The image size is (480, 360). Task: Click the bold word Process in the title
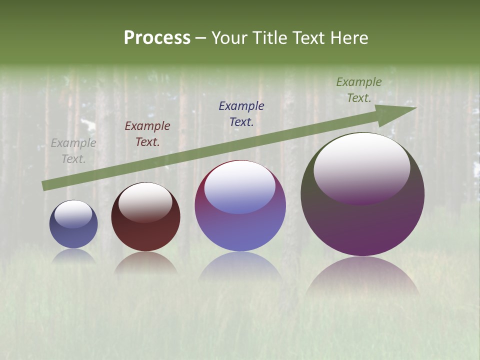[x=157, y=38]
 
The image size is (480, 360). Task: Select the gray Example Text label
[x=73, y=151]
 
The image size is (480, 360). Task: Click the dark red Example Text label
[x=147, y=134]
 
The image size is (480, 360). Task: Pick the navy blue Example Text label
[x=241, y=113]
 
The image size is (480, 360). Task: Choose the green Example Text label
[x=359, y=90]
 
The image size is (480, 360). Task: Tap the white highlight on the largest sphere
[x=361, y=167]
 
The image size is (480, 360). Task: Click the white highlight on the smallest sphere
[x=73, y=214]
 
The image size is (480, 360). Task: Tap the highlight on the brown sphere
[x=145, y=201]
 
